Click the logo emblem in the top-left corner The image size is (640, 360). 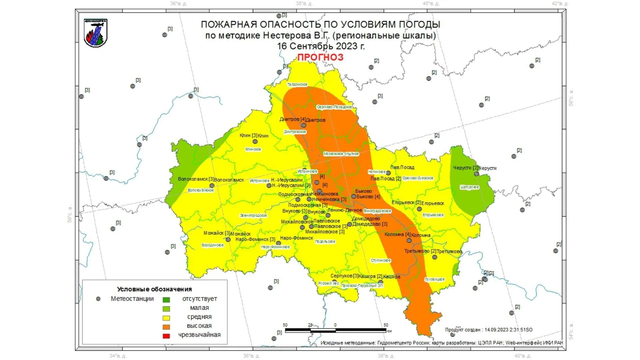click(x=95, y=33)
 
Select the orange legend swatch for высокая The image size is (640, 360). click(x=166, y=327)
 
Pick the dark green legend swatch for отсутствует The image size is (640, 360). click(x=166, y=300)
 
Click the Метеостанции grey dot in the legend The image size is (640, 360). click(x=98, y=299)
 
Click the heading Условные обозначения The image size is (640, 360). click(x=154, y=289)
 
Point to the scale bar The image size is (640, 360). click(x=335, y=330)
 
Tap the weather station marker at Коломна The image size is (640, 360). click(x=409, y=240)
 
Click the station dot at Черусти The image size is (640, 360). click(x=476, y=174)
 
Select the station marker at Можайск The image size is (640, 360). click(x=228, y=239)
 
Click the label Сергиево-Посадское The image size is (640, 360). click(x=334, y=107)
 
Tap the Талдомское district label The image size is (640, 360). click(x=297, y=85)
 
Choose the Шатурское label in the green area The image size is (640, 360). click(x=469, y=187)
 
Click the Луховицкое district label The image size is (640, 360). click(x=434, y=279)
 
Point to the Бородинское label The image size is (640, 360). click(x=213, y=245)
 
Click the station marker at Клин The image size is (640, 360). click(x=255, y=141)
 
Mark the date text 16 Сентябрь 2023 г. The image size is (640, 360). click(x=321, y=46)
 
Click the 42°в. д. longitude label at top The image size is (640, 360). click(x=560, y=4)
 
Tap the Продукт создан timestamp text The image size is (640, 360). click(x=489, y=330)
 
